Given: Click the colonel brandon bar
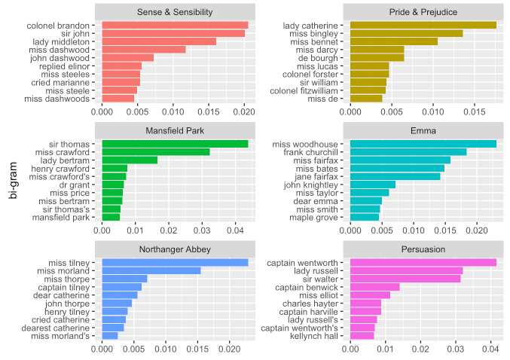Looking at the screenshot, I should click(x=175, y=25).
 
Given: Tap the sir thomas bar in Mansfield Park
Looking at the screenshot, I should click(x=175, y=144).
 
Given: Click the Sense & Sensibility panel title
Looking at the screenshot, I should click(x=175, y=12).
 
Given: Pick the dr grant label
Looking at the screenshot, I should click(x=81, y=185).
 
